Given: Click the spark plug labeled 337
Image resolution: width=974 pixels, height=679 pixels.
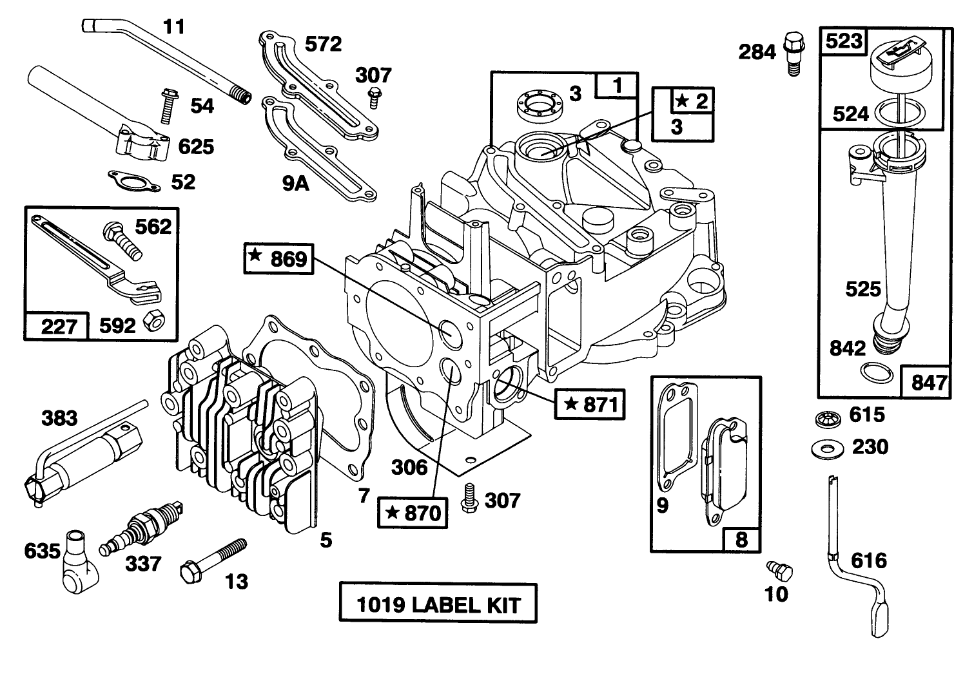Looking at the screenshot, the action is pos(141,528).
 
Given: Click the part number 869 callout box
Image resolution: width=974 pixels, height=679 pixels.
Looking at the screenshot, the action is pos(278,259).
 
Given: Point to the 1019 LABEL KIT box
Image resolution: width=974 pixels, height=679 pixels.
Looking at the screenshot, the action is pos(438,603).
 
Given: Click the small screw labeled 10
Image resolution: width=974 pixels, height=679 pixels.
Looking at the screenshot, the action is pos(779,571).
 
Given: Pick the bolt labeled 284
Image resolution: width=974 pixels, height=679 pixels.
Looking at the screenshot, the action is pos(794,53).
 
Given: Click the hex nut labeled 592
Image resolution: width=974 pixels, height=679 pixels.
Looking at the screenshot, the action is pos(154,320).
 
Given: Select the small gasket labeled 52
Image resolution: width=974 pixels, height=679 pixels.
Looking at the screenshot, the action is pos(134,181).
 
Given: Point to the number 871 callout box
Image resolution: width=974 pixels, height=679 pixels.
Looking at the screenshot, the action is pos(590,404).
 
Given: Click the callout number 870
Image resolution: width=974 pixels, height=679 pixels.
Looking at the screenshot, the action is pos(422,513).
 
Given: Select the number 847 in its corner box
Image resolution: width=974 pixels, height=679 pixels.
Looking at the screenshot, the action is pos(929,383).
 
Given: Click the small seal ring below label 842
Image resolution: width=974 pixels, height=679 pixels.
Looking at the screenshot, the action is pos(877,372).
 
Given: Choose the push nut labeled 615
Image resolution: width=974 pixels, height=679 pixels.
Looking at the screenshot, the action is pos(828,418).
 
